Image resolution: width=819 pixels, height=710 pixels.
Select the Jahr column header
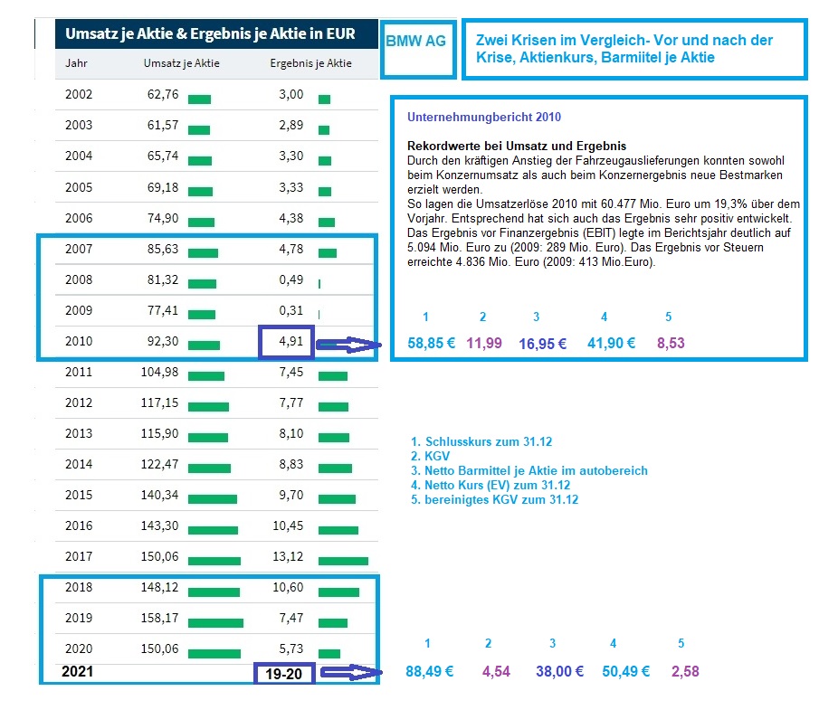(x=77, y=63)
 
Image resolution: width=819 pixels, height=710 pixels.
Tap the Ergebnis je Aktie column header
(x=310, y=63)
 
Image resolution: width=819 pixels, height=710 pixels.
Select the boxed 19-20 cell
(x=285, y=673)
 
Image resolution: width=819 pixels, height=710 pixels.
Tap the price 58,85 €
(x=432, y=344)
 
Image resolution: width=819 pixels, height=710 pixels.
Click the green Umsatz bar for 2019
(x=216, y=623)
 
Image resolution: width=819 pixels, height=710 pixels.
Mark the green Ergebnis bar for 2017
(x=343, y=561)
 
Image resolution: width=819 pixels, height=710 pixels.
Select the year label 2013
(x=79, y=433)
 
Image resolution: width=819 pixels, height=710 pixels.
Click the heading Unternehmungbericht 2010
(x=484, y=118)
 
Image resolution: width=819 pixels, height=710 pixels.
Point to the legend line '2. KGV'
(x=424, y=456)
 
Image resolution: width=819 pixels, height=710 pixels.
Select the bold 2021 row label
(x=77, y=672)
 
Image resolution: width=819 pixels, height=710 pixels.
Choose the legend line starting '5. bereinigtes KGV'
(x=494, y=499)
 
